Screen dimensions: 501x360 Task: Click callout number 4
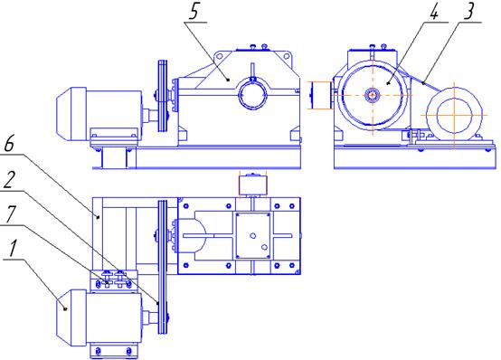pos(434,11)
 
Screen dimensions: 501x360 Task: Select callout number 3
pos(468,11)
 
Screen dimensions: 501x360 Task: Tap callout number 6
pos(9,144)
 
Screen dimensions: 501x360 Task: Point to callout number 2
pos(9,180)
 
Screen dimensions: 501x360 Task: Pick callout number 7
pos(10,214)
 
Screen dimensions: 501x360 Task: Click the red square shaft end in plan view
pos(252,185)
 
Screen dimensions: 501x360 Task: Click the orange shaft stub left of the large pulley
pos(320,95)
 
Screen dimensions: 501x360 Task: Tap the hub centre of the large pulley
pos(373,95)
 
